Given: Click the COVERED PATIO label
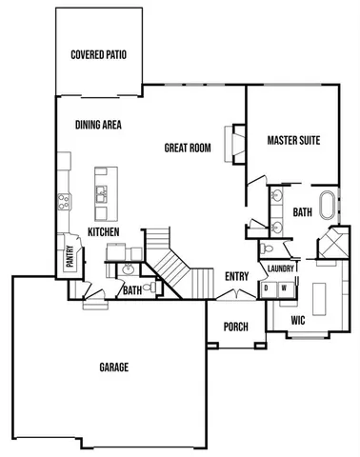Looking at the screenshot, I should (99, 54).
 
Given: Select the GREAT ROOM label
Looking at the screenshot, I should (188, 148).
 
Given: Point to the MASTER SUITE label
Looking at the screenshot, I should (293, 140).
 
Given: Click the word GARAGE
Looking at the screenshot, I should (113, 367).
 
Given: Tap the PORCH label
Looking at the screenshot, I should (235, 327).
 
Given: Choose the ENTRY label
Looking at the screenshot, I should (236, 277).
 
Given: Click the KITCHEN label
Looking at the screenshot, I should (103, 231).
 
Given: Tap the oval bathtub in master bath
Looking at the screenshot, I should (329, 208).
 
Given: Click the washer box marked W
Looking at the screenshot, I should (283, 287).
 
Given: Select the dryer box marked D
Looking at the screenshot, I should (267, 287).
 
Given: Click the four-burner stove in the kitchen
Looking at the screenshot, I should (64, 201).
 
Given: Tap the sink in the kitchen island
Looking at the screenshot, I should (100, 195).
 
